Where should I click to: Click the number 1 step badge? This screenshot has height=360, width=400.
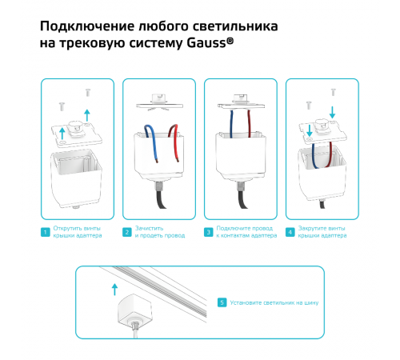coord(45,233)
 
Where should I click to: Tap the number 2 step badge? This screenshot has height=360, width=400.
coord(127,233)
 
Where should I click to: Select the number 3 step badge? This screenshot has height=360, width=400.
coord(209,233)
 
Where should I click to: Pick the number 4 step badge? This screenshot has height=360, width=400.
coord(290,233)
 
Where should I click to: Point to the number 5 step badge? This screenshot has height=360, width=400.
coord(222,302)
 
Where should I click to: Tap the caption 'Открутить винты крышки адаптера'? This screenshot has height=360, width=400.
coord(78,233)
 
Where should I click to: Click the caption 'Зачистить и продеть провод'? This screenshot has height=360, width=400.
coord(157,233)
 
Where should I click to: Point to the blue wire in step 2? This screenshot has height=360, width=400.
coord(147,134)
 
